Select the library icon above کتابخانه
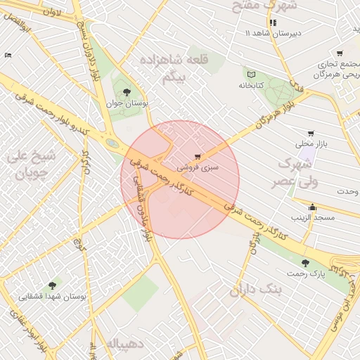coord(252,72)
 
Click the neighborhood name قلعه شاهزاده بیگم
coord(167,68)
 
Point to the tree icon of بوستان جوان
coord(127,92)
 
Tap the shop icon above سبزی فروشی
coord(197,156)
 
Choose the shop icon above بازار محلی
coord(311,133)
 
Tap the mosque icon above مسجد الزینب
coord(313,207)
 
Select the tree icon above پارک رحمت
coord(304,263)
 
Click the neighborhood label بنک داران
coord(255,289)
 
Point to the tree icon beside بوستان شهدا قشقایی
coord(52,285)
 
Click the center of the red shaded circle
coord(180,179)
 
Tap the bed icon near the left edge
coord(8,55)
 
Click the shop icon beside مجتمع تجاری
coord(340,53)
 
